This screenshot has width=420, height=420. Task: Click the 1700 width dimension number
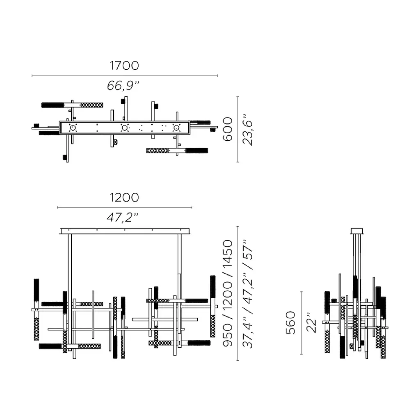click(124, 66)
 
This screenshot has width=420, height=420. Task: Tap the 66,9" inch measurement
click(123, 85)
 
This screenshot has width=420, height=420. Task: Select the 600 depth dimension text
click(228, 129)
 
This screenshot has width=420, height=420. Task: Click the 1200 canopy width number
click(124, 198)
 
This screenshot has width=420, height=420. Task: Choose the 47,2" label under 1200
click(123, 217)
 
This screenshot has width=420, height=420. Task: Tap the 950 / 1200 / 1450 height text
click(228, 293)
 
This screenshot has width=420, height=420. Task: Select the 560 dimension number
click(291, 323)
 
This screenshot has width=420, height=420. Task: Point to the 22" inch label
click(311, 322)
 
